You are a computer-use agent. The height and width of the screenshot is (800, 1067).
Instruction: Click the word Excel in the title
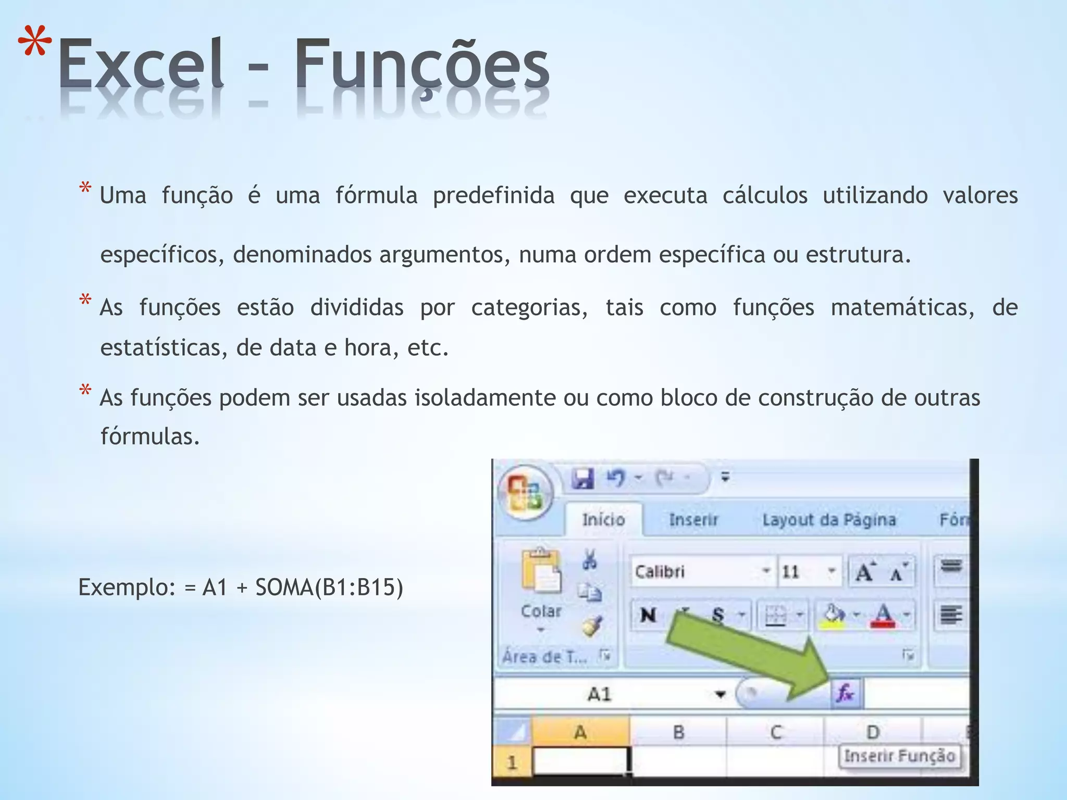click(141, 65)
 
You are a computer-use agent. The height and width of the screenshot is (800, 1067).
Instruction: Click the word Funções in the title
click(422, 65)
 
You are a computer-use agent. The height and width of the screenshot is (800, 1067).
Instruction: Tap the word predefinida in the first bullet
click(493, 196)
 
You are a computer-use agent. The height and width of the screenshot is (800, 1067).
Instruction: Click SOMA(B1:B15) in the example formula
click(329, 587)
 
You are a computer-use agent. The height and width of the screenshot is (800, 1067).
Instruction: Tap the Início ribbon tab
click(603, 519)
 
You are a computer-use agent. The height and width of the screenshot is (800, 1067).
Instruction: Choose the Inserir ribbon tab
click(693, 519)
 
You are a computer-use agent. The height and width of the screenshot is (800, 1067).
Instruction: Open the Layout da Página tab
click(829, 519)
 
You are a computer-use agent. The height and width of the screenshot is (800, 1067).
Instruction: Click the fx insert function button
click(845, 693)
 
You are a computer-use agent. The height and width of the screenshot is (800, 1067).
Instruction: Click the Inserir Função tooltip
click(900, 756)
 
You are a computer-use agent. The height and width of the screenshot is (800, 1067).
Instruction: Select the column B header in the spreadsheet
click(678, 732)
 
